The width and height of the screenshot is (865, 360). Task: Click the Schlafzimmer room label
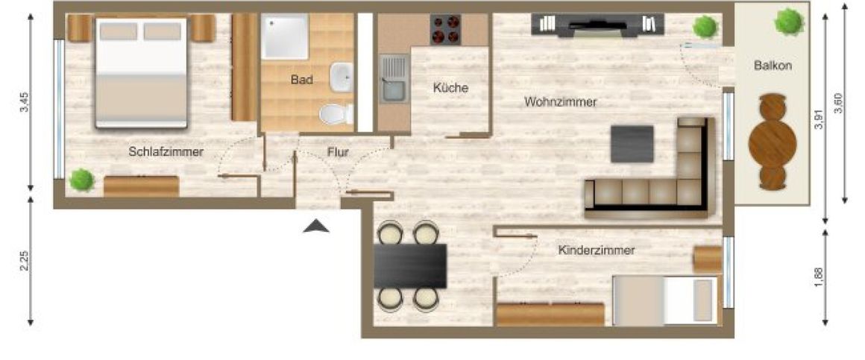(x=166, y=151)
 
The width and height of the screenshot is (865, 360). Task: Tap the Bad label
(x=301, y=80)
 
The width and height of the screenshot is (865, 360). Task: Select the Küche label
(x=450, y=88)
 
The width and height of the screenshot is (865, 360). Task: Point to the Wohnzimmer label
(x=560, y=102)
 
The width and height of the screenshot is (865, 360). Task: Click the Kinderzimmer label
(x=597, y=250)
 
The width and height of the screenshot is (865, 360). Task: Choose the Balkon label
(x=773, y=66)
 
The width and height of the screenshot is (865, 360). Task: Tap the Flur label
(x=338, y=153)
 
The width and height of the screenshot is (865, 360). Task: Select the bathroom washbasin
(x=342, y=77)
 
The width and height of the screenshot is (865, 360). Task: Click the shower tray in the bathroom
(x=283, y=36)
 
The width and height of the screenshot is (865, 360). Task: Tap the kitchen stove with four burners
(x=445, y=29)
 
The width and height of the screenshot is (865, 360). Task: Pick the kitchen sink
(x=392, y=79)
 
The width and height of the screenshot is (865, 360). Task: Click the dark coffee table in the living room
(x=632, y=144)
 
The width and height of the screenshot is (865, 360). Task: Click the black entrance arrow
(x=316, y=227)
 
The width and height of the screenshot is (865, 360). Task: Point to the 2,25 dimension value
(x=24, y=261)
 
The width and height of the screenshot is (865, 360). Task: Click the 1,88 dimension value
(x=819, y=276)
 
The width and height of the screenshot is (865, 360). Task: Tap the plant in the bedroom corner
(x=81, y=180)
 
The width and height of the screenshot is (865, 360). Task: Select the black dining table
(x=409, y=266)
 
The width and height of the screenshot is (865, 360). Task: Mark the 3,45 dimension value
(x=24, y=102)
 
